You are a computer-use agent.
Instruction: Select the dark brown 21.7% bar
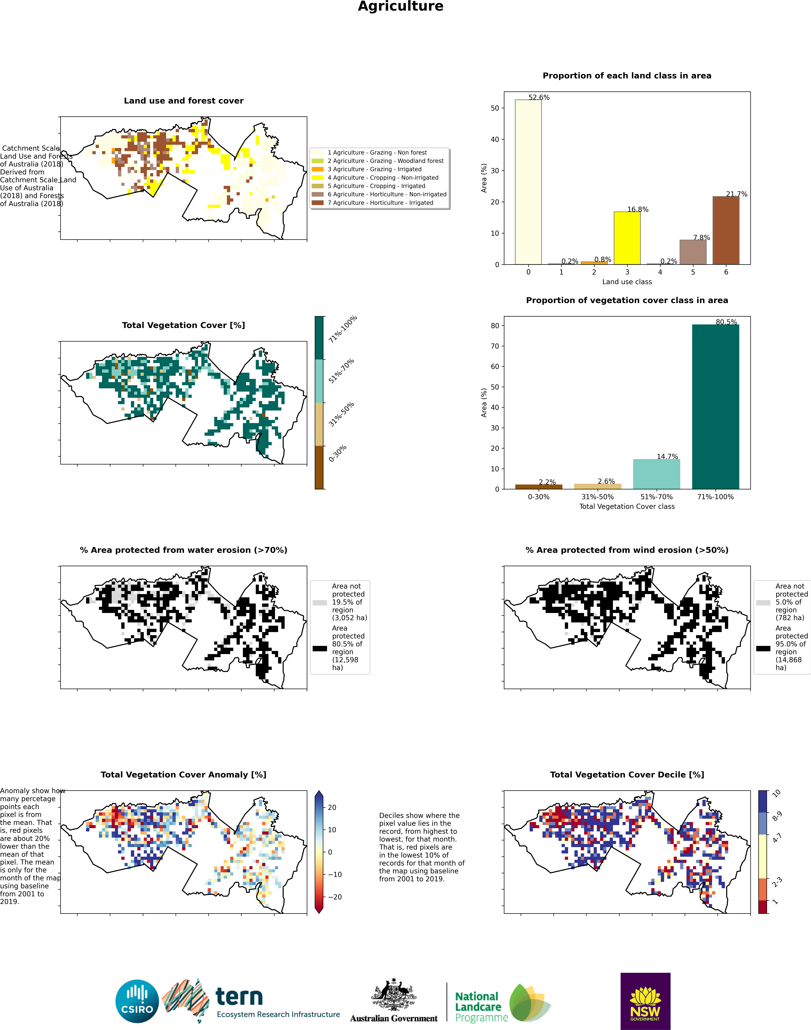(726, 230)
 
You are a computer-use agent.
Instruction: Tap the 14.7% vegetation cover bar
(657, 474)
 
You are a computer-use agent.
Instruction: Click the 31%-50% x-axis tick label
(597, 497)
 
